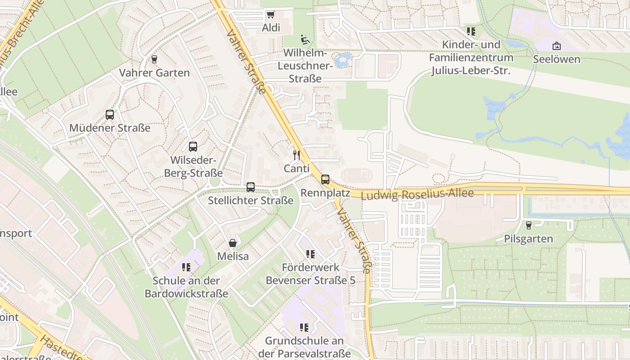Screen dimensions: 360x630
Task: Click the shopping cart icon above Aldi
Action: [270, 15]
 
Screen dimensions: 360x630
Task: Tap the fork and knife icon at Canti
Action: [297, 155]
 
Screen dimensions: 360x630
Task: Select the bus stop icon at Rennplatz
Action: [325, 180]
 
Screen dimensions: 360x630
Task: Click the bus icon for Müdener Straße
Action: [110, 115]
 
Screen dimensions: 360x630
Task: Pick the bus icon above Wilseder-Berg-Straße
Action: [193, 147]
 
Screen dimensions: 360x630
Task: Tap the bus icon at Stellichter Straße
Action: [251, 187]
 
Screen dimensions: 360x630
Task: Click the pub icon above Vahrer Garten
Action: [154, 59]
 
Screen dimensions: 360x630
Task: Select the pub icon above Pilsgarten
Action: [529, 225]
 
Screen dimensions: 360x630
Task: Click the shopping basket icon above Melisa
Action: [233, 243]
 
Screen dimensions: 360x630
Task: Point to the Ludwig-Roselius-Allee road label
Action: [417, 194]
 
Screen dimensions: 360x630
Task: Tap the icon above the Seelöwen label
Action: [557, 46]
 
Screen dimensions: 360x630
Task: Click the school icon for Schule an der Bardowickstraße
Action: [186, 267]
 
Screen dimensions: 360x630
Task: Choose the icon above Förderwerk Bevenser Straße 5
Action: [310, 254]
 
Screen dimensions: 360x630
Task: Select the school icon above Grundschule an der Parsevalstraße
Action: [304, 327]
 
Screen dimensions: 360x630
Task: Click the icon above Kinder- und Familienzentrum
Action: [471, 31]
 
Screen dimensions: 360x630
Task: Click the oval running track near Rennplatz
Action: [357, 175]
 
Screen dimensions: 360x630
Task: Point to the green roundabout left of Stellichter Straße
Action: [215, 181]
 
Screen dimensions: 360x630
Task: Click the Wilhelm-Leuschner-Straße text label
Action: [306, 66]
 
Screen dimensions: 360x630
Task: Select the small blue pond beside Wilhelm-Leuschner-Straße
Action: [344, 59]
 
